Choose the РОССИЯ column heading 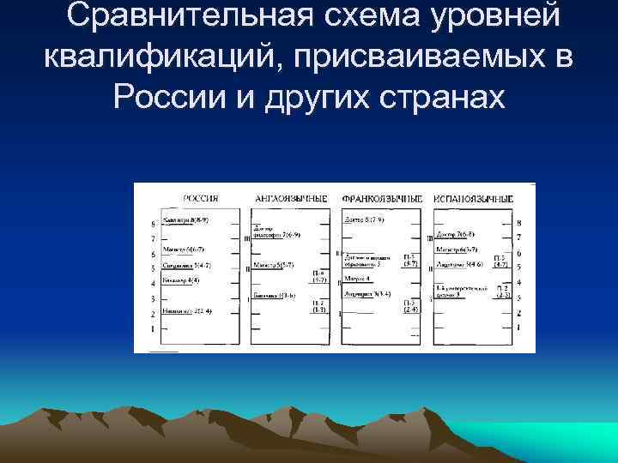pyautogui.click(x=200, y=198)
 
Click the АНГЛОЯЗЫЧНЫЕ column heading pyautogui.click(x=290, y=198)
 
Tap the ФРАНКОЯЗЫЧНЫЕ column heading pyautogui.click(x=382, y=198)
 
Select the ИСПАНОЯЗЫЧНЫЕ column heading pyautogui.click(x=473, y=198)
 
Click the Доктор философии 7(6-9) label pyautogui.click(x=275, y=232)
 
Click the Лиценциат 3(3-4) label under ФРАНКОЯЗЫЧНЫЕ pyautogui.click(x=369, y=293)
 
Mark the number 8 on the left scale pyautogui.click(x=153, y=223)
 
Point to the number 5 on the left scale pyautogui.click(x=153, y=268)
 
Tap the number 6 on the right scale pyautogui.click(x=518, y=254)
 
